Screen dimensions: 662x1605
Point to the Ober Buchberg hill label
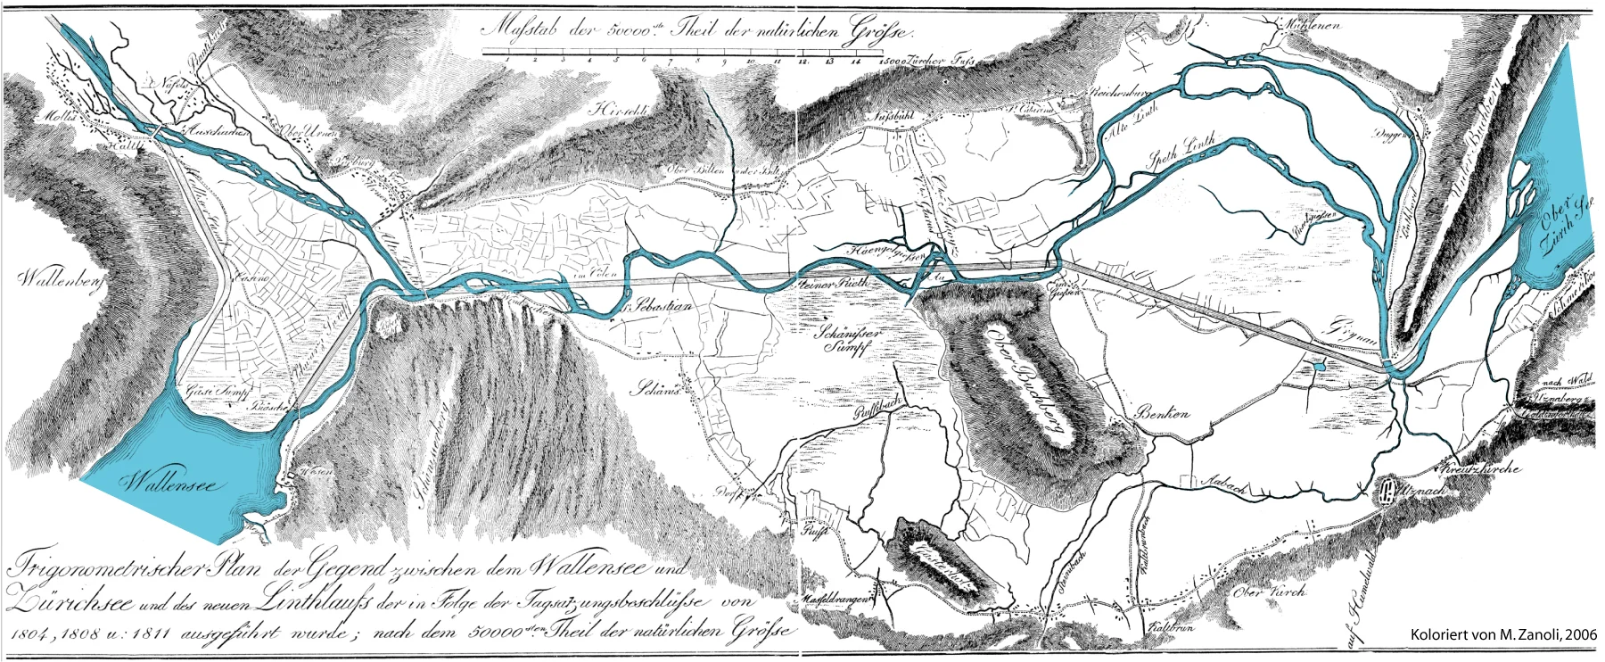(x=1026, y=383)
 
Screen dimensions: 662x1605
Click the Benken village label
(x=1163, y=414)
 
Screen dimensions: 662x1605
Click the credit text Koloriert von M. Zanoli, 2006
(x=1502, y=634)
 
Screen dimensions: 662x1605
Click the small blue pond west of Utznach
(x=1319, y=365)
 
